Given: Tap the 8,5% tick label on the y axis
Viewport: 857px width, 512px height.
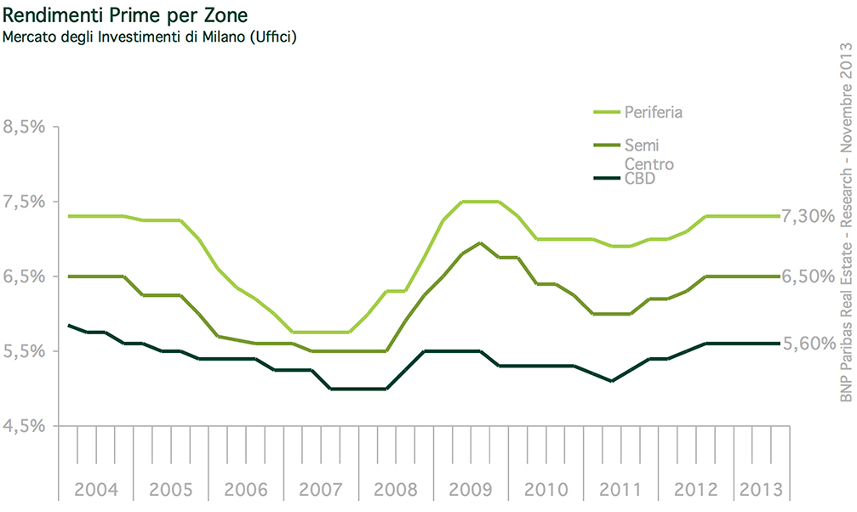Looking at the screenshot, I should tap(26, 128).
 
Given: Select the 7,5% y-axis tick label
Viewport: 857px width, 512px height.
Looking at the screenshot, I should tap(26, 202).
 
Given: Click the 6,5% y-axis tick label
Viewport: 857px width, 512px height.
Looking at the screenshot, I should tap(26, 276).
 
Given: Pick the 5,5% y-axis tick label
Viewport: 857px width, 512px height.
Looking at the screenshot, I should tap(26, 350).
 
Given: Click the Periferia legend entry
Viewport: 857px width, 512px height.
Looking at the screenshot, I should tap(654, 111).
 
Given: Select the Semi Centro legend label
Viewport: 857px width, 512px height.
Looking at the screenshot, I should tap(648, 154).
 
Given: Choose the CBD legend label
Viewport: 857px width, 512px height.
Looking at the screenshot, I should tap(639, 179).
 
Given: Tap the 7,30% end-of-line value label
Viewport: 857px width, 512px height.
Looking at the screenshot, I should tap(808, 217).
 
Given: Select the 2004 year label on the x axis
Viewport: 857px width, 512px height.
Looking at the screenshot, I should tap(96, 490).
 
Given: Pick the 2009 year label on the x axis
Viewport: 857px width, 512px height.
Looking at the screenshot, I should tap(470, 490).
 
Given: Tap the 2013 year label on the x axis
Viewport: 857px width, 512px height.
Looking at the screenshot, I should tap(762, 490).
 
